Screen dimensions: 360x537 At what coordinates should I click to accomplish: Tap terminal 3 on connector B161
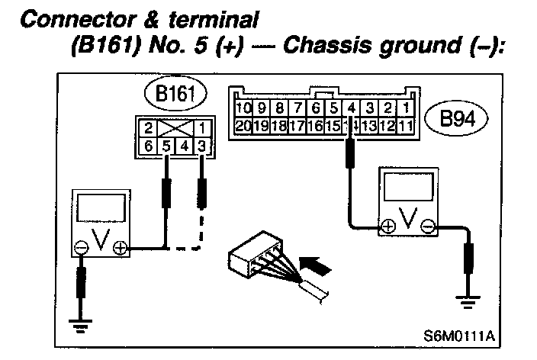(x=201, y=144)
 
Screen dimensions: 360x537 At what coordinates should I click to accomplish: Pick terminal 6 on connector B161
(x=150, y=144)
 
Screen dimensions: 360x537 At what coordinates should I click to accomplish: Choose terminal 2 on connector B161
(x=150, y=127)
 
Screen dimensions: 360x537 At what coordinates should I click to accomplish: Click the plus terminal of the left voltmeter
(x=119, y=247)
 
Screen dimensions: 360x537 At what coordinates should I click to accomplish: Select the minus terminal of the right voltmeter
(x=428, y=226)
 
